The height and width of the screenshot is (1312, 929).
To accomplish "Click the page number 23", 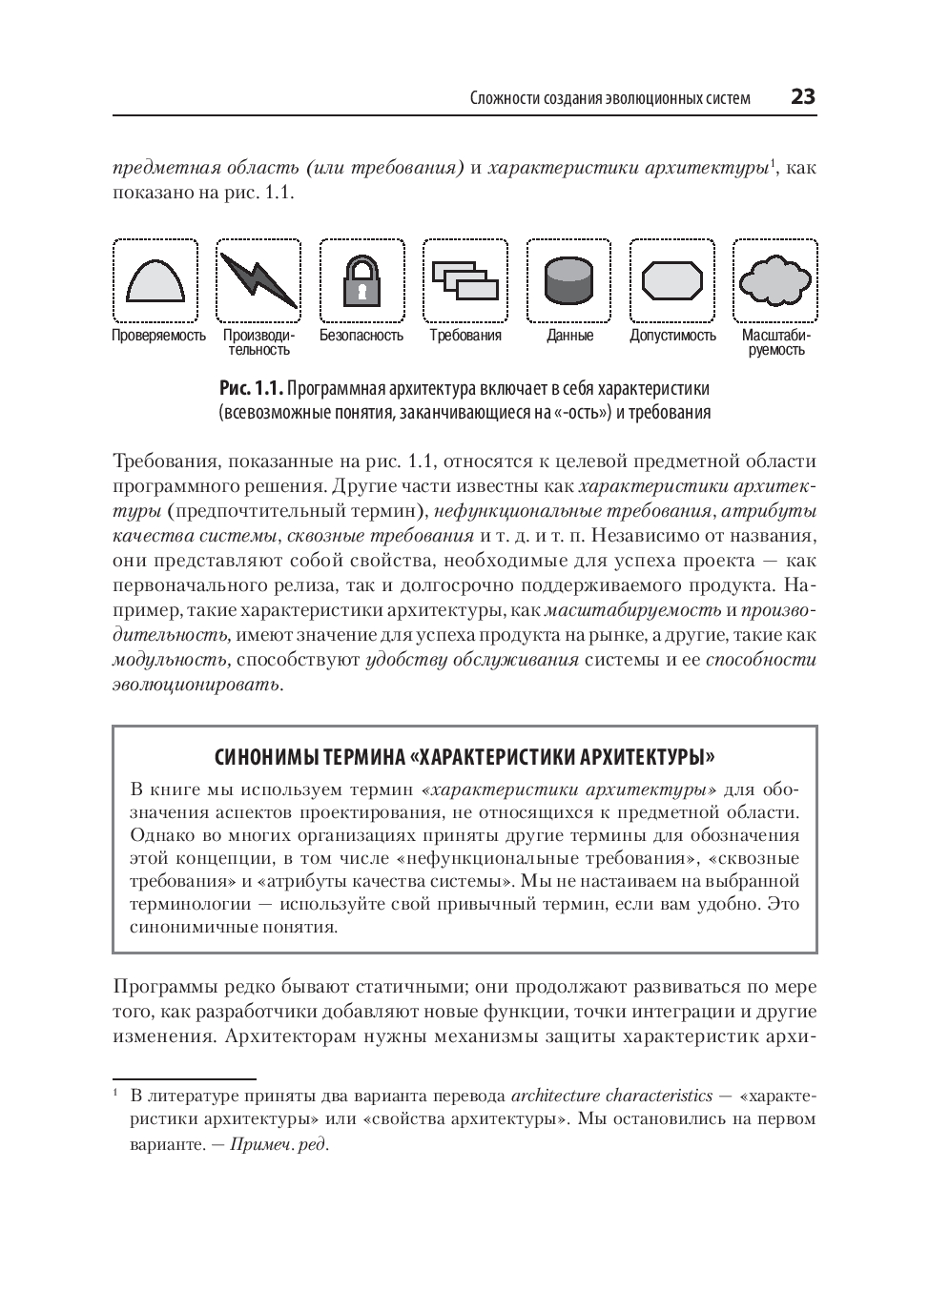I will point(802,97).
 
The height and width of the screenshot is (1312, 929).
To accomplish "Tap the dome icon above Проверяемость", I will point(155,281).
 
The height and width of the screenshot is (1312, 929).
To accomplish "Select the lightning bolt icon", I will point(258,280).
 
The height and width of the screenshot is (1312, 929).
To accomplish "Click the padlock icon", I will point(361,280).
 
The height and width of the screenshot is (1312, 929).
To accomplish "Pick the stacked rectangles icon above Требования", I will point(464,280).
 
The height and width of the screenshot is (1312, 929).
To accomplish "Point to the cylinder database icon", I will point(568,280).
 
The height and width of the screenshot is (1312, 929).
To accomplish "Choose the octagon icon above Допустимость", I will point(672,281).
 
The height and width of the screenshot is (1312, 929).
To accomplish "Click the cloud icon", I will point(775,280).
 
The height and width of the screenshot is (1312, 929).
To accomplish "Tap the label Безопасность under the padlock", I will point(361,336).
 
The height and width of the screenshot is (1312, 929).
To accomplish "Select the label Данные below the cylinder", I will point(569,336).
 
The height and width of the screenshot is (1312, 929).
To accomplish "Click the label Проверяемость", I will point(158,336).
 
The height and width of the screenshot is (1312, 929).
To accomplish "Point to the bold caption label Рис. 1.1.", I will point(252,389).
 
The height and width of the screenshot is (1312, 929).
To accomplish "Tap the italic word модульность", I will point(171,660).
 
